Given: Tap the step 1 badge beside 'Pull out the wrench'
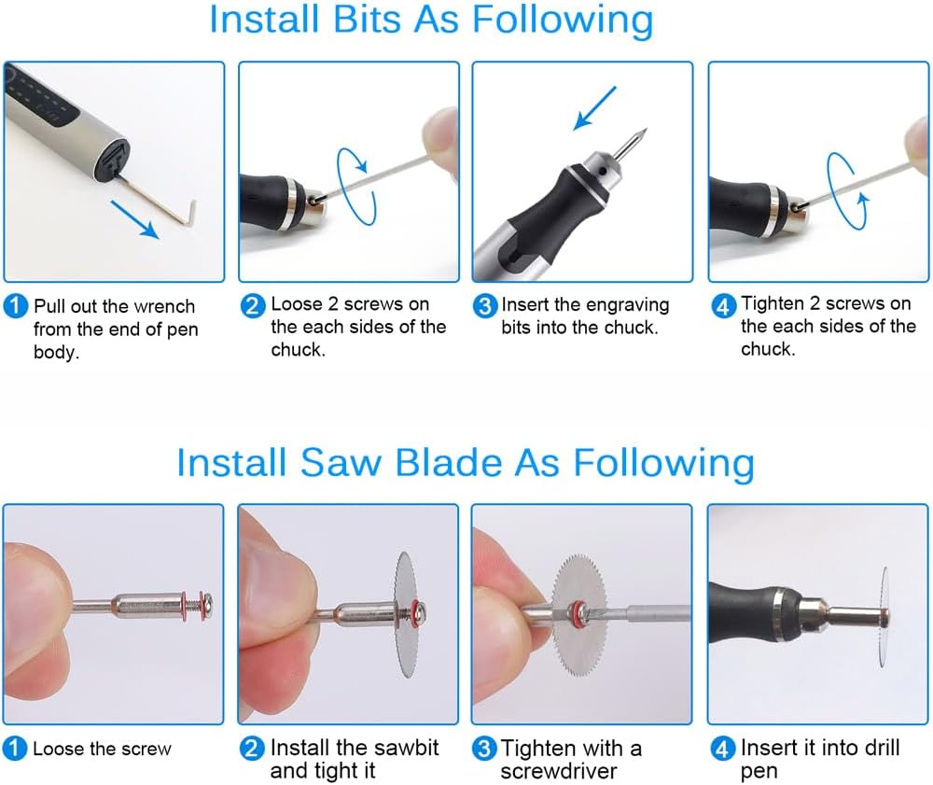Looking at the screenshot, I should [16, 306].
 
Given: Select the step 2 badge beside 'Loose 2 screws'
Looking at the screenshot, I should [253, 305].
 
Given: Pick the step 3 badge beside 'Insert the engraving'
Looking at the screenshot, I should [485, 305].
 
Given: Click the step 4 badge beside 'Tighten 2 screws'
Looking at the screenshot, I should [724, 305].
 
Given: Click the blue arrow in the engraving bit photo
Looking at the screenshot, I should [595, 106].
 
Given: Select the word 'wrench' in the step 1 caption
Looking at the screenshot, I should [163, 306].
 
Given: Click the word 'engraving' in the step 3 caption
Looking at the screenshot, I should [628, 305].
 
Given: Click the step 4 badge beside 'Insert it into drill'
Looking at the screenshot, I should [724, 748].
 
